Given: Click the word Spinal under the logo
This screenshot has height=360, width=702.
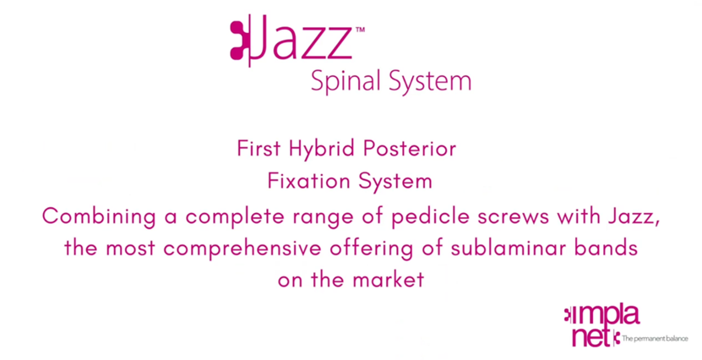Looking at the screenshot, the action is pyautogui.click(x=346, y=82).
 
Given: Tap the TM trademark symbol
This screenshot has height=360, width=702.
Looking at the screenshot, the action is pyautogui.click(x=360, y=30).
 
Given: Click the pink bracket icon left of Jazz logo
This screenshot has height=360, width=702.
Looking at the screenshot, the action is pyautogui.click(x=240, y=41).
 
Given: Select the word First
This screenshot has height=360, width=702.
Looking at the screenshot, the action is pyautogui.click(x=258, y=149).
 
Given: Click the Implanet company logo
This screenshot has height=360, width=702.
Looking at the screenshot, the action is pyautogui.click(x=601, y=326).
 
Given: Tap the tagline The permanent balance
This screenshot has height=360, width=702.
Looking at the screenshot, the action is pyautogui.click(x=655, y=339).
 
